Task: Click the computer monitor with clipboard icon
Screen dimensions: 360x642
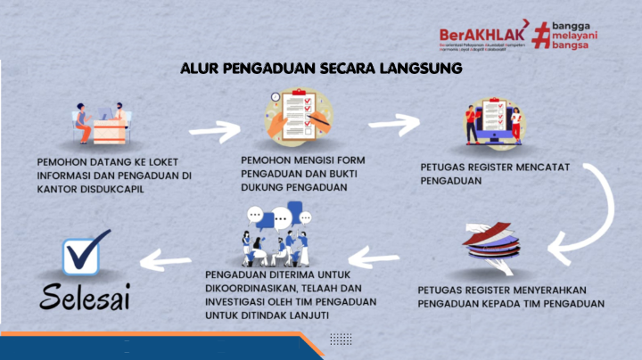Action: click(x=489, y=124)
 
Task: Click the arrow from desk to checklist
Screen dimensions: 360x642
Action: click(x=215, y=131)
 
